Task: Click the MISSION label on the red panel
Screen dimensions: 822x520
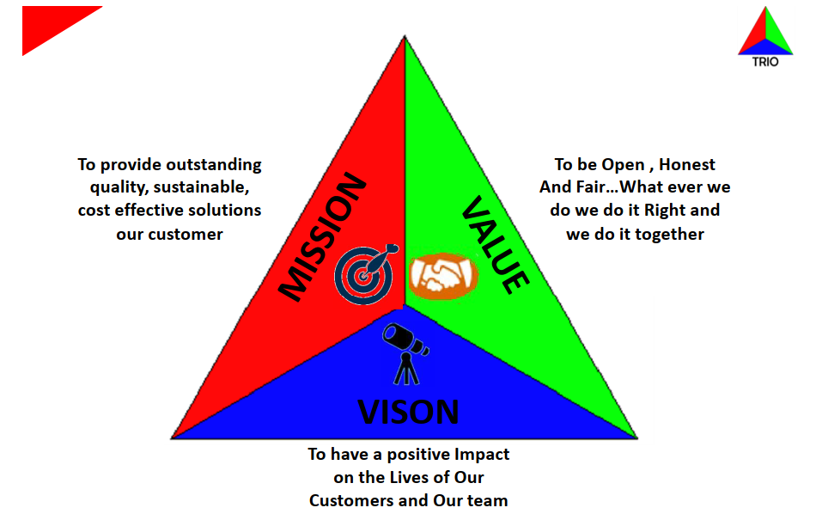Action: pos(322,237)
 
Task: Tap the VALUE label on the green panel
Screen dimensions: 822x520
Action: pos(496,244)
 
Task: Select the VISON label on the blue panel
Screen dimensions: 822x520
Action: pos(408,412)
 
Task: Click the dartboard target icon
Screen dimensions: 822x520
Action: pos(366,274)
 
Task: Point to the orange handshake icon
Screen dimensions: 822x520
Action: pos(443,276)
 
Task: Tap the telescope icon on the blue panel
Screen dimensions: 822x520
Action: pos(405,353)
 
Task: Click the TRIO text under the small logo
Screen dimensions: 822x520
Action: pos(765,62)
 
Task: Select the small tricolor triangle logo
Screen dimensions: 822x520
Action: pos(765,32)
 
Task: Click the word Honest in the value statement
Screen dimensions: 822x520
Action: pos(687,165)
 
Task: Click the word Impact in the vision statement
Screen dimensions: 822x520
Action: pos(482,455)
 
